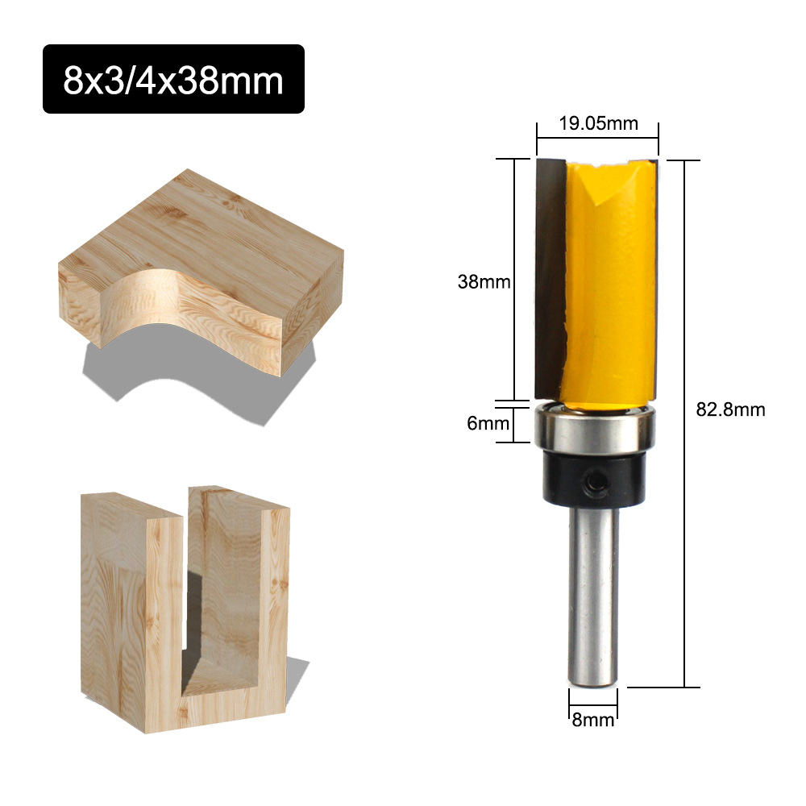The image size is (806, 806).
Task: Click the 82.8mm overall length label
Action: coord(730,409)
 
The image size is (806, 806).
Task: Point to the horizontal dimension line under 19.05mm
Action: coord(597,139)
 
